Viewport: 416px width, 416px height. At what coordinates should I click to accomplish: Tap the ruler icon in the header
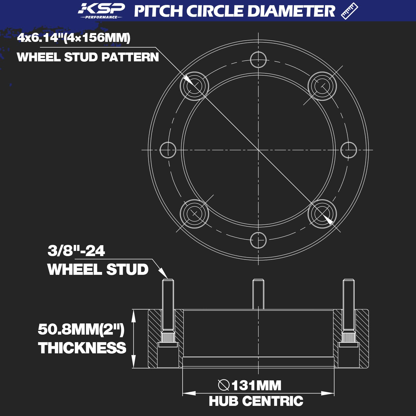click(349, 11)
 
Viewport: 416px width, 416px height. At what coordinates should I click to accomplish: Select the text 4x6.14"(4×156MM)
click(74, 38)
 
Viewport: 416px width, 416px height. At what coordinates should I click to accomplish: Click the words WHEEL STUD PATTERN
click(88, 57)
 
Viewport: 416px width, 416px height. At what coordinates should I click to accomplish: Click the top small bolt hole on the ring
click(258, 60)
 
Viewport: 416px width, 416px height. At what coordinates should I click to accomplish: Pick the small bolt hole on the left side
click(168, 150)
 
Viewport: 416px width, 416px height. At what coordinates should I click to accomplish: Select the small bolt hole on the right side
click(348, 150)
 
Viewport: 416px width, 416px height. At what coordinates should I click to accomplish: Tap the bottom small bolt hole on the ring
click(258, 240)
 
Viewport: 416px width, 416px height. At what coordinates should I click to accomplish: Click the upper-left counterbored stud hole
click(194, 86)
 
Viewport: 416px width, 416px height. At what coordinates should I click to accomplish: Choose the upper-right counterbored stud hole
click(322, 86)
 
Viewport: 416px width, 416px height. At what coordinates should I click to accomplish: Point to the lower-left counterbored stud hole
click(194, 214)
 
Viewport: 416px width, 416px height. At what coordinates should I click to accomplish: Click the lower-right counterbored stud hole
click(322, 214)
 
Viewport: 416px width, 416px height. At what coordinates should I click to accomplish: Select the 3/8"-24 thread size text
click(76, 251)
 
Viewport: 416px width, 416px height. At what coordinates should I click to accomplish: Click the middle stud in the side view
click(258, 294)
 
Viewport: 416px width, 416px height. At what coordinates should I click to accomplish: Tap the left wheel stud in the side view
click(168, 307)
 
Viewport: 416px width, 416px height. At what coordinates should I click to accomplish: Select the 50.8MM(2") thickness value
click(81, 329)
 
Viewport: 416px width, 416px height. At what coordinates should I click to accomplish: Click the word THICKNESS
click(82, 348)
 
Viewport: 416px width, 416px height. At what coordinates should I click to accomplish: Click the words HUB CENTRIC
click(256, 401)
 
